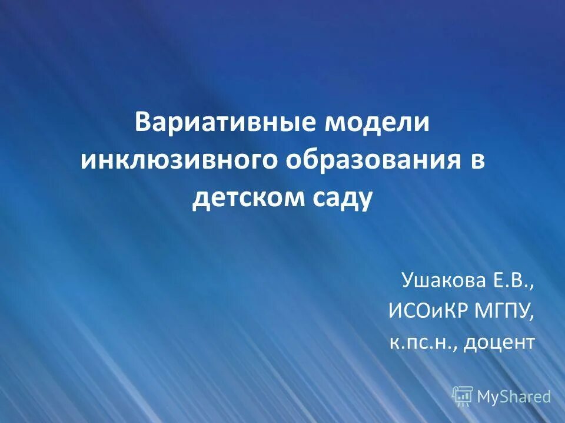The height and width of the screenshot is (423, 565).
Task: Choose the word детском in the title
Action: [x=245, y=199]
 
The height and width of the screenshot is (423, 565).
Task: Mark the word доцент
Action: [x=499, y=342]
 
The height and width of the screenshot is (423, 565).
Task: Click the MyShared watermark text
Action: [x=514, y=397]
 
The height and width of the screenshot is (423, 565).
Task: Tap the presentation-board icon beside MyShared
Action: [x=463, y=397]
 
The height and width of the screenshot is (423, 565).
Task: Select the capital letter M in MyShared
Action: [x=484, y=397]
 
